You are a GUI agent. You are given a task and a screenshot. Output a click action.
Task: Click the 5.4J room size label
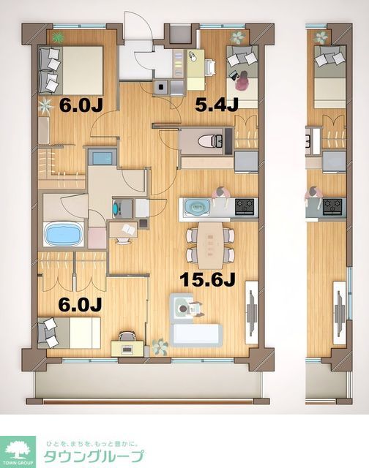pyautogui.click(x=217, y=105)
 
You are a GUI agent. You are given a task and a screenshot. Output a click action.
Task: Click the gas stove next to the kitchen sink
pyautogui.click(x=245, y=207)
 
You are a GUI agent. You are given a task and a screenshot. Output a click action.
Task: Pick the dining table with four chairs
pyautogui.click(x=209, y=244)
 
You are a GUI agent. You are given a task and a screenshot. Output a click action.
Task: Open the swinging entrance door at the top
pyautogui.click(x=139, y=29)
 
